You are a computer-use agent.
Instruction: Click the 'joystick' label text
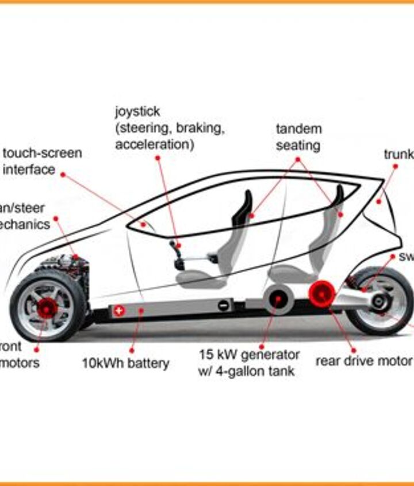click(x=137, y=110)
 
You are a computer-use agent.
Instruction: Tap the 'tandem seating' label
click(x=298, y=137)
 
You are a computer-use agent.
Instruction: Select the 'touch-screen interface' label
click(x=41, y=162)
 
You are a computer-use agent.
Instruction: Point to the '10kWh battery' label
click(x=125, y=363)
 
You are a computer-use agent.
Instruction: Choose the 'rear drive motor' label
click(x=363, y=361)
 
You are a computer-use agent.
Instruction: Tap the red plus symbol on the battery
click(x=119, y=311)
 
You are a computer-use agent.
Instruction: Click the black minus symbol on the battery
click(x=223, y=306)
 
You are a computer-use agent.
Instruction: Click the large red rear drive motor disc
click(x=321, y=294)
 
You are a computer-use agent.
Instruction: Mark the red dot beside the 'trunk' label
click(x=396, y=166)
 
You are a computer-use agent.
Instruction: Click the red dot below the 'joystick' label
click(x=157, y=157)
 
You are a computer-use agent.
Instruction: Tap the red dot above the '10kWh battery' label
click(x=132, y=350)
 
